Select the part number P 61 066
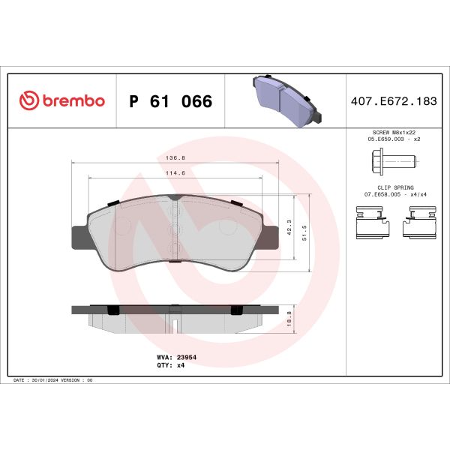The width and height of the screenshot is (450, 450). pos(170,101)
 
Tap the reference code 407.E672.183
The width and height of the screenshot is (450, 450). pos(393,101)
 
